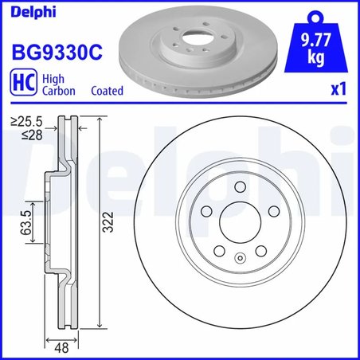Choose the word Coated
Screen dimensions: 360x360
pyautogui.click(x=107, y=92)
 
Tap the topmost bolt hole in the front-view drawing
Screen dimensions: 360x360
pyautogui.click(x=240, y=186)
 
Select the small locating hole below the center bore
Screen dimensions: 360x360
pyautogui.click(x=240, y=257)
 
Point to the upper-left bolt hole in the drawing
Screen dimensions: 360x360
pyautogui.click(x=206, y=210)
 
